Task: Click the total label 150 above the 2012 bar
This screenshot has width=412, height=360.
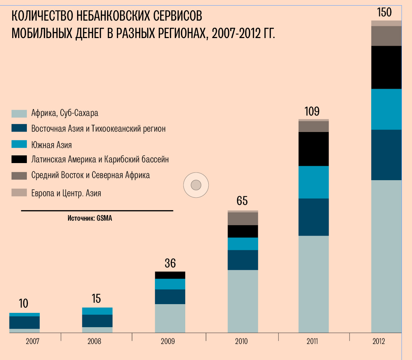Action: point(384,13)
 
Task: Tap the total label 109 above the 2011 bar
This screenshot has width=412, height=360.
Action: point(312,111)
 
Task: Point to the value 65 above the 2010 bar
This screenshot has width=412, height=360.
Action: point(242,201)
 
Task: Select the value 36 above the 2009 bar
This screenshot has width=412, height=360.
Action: point(170,263)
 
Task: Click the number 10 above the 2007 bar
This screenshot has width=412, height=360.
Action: point(23,303)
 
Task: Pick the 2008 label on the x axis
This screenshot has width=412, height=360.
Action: point(94,341)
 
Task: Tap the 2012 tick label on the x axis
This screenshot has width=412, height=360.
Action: point(379,341)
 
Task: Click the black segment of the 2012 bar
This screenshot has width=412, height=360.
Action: point(386,67)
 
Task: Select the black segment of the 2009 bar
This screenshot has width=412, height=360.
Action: point(170,275)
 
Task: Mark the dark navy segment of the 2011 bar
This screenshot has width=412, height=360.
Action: point(314,217)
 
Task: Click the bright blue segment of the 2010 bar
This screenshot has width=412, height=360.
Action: point(243,244)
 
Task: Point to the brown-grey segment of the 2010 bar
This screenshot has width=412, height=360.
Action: point(243,219)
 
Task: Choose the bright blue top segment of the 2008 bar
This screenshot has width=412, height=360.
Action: point(97,311)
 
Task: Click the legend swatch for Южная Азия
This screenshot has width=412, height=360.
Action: point(19,144)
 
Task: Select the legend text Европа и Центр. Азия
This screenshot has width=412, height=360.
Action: point(66,193)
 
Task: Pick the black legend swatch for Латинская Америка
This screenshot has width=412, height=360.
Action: point(19,159)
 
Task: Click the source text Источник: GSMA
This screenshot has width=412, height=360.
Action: point(90,219)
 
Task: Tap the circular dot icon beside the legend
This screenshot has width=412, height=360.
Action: point(196,185)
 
